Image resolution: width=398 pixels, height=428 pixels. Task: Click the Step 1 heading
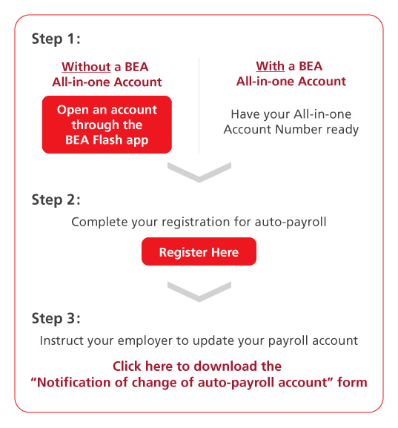(56, 39)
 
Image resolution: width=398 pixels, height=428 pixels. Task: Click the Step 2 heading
(56, 200)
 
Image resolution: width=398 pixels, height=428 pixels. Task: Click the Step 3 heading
(56, 318)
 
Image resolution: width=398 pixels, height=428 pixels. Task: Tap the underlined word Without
(86, 67)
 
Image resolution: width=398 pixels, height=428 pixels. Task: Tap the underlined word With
(270, 66)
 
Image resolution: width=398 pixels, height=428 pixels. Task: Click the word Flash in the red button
(107, 139)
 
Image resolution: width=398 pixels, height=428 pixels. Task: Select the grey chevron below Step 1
(199, 172)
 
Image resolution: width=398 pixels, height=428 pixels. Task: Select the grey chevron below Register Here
(199, 292)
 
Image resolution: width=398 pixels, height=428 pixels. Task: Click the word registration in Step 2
(196, 222)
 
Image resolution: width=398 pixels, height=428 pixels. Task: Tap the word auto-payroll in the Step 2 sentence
(291, 223)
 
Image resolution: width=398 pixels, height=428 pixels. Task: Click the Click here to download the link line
(197, 366)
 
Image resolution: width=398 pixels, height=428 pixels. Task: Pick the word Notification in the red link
(74, 382)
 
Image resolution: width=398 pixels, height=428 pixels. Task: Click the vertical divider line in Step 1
(199, 106)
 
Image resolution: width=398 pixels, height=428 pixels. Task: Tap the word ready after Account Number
(342, 130)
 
